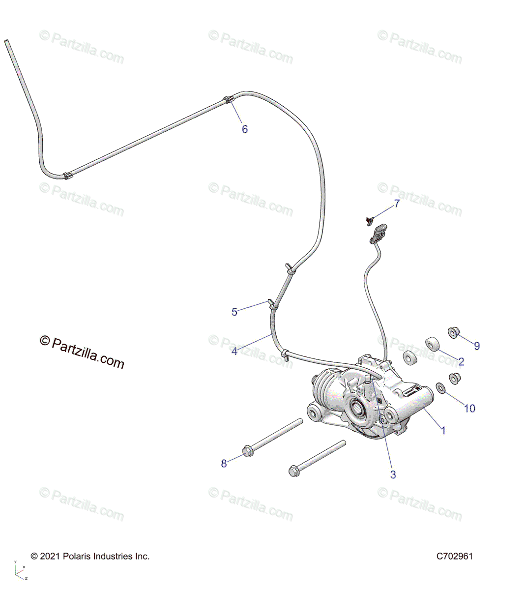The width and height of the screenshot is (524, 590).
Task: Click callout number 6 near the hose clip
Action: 244,129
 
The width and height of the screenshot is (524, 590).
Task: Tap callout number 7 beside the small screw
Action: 396,204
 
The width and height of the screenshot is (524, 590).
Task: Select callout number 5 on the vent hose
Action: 234,312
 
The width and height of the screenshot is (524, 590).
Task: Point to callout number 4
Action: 234,352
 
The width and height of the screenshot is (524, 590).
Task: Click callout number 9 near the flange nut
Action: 476,346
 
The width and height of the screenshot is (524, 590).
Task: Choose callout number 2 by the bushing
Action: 461,362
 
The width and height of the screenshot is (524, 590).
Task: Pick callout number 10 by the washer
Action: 469,408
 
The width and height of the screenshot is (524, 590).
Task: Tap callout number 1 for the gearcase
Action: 443,431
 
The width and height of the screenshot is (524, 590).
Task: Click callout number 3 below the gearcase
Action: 393,474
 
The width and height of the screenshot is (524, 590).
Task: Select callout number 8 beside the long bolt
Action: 224,463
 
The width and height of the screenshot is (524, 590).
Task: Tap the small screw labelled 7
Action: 367,220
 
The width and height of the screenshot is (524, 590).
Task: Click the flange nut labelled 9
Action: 453,333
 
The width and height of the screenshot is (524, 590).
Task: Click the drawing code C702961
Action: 454,557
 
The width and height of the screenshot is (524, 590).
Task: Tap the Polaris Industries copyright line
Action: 90,557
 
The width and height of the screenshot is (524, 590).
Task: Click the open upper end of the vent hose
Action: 7,42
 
